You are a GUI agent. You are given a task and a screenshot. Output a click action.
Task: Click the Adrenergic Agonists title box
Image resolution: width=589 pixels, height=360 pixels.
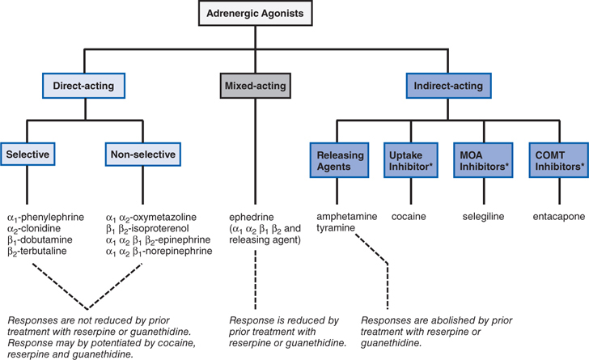point(294,14)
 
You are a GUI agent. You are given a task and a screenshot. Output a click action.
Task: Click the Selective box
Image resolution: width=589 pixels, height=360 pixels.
point(28,153)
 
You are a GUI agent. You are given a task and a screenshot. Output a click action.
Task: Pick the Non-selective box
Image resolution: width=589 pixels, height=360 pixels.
point(142,153)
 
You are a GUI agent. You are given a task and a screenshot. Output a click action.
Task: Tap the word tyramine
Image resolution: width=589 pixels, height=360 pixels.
point(337,229)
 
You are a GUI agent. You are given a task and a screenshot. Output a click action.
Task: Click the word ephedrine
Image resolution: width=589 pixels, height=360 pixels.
point(252,217)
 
